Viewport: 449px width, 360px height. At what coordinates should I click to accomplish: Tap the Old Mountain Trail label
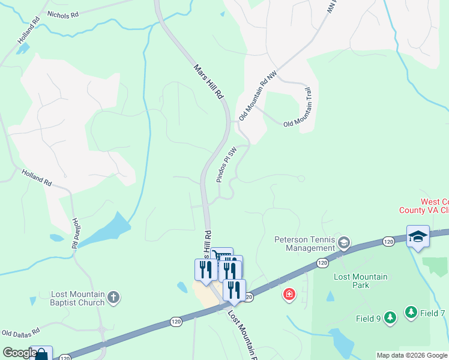point(301,107)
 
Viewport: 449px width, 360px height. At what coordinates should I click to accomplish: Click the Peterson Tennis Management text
point(304,244)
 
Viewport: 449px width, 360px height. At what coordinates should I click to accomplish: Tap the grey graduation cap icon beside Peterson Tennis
point(344,243)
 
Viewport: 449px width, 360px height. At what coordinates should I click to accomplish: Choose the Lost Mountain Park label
point(360,281)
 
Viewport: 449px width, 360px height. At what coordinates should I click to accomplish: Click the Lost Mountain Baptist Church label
point(78,298)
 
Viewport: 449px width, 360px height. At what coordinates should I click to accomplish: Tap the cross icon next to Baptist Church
point(114,297)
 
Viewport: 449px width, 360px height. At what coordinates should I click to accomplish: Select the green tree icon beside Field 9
point(390,317)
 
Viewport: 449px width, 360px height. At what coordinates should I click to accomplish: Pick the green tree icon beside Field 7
point(411,312)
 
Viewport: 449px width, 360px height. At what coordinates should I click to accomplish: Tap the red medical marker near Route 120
point(289,295)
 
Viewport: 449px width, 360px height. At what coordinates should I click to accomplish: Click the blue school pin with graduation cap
point(418,236)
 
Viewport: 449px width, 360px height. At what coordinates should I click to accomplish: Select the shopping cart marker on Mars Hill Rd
point(222,255)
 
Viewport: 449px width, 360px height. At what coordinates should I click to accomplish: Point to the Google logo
point(20,353)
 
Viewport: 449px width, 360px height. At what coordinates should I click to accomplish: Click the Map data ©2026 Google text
point(412,355)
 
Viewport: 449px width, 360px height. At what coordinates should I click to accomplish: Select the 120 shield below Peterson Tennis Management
point(322,263)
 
